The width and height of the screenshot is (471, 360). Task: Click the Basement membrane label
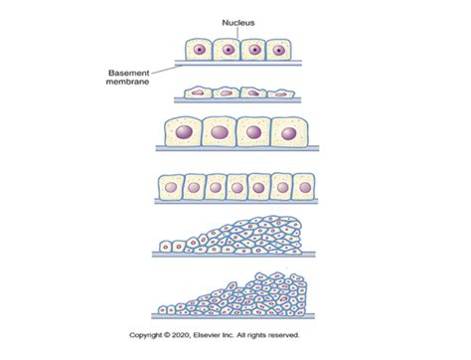127,78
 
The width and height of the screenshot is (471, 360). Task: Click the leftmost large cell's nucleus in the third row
185,132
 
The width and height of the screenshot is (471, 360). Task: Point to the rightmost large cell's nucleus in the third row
288,132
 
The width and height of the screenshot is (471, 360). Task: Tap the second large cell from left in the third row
220,132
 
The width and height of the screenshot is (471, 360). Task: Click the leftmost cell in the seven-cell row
171,188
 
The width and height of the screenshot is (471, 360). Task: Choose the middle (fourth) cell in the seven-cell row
236,188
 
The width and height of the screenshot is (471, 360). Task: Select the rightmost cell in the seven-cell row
303,188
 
